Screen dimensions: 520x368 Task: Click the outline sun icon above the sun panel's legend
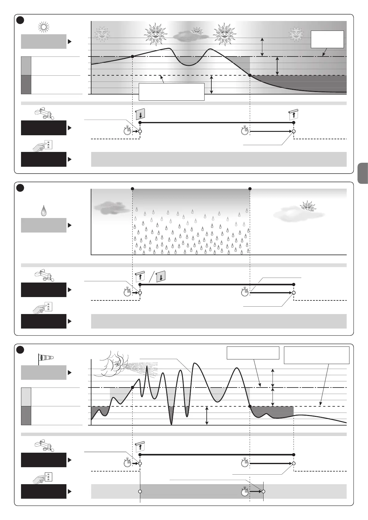(44, 27)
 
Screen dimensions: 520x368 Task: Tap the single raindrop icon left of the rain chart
(44, 211)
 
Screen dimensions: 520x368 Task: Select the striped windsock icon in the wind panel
(45, 358)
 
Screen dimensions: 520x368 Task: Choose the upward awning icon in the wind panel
(140, 447)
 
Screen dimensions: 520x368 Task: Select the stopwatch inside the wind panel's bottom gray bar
(245, 491)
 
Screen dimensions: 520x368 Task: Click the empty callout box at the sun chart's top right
(327, 39)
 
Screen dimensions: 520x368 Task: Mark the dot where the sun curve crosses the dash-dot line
(133, 57)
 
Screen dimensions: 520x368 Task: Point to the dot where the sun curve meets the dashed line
(250, 75)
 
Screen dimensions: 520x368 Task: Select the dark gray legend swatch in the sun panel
(26, 85)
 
